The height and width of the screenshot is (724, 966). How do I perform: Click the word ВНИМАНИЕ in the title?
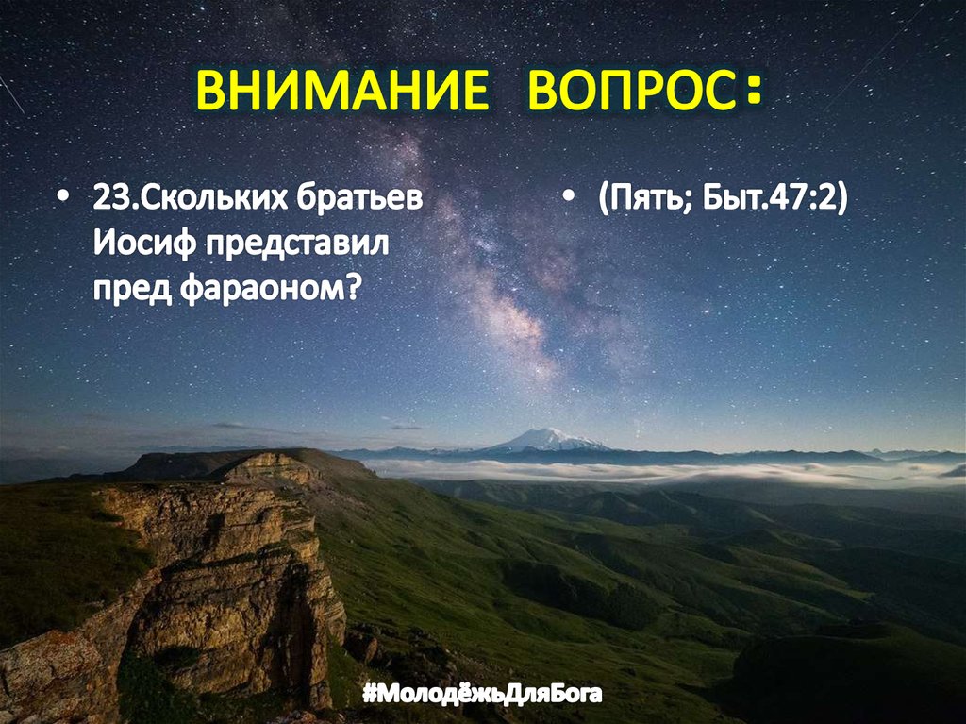pos(341,92)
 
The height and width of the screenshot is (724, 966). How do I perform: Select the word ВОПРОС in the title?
pos(628,92)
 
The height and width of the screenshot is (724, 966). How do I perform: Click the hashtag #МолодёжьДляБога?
pos(481,697)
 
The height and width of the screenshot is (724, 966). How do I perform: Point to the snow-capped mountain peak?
pos(546,437)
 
